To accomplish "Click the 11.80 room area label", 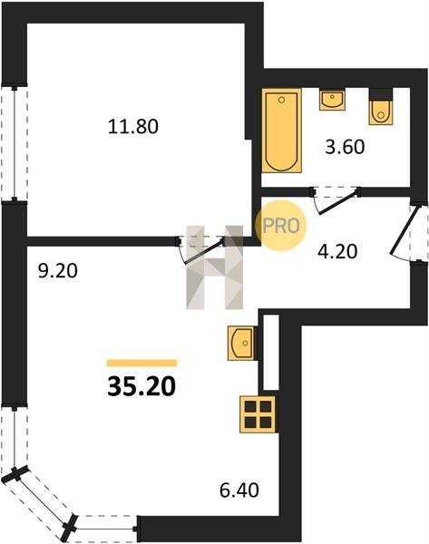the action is coord(133,126).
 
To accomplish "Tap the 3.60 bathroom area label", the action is coord(345,147).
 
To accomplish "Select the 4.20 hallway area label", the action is coord(337,251).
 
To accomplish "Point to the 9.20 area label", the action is coord(58,270).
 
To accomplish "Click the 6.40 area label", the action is coord(239,491).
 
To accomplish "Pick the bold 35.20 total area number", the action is coord(141,386).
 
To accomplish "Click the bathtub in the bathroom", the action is coord(281,131).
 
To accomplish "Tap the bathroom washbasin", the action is coord(332,99).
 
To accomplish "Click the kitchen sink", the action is coord(240,343).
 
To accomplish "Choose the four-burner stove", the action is coord(258,414).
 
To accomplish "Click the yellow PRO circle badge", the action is coord(281,226).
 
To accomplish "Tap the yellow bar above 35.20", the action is coord(141,363).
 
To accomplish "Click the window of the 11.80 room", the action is coord(15,143).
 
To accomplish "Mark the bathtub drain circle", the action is coord(281,101).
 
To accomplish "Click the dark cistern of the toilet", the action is coord(381,94).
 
